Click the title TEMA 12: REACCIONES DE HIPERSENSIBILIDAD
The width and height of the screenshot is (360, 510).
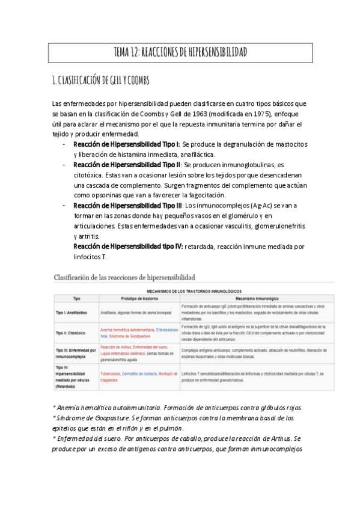pyautogui.click(x=180, y=53)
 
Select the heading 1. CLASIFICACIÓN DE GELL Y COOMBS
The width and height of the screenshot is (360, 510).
pyautogui.click(x=102, y=80)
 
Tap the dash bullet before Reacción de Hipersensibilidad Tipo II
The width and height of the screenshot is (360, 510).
pyautogui.click(x=65, y=164)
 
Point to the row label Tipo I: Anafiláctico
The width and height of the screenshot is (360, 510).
pyautogui.click(x=74, y=312)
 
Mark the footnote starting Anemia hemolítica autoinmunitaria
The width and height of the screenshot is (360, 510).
pyautogui.click(x=178, y=408)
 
